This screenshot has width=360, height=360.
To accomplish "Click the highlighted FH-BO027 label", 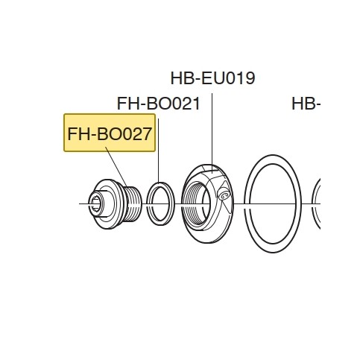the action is (x=110, y=133).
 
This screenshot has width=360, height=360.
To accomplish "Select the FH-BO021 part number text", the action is (x=158, y=104).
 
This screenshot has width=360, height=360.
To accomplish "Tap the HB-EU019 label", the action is (x=212, y=78).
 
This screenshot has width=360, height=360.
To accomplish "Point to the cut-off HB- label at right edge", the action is (x=306, y=104).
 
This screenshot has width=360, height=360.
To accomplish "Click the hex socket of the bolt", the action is (x=95, y=203).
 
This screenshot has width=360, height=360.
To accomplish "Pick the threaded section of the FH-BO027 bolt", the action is (x=133, y=204).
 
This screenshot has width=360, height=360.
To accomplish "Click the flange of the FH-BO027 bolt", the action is (x=107, y=204).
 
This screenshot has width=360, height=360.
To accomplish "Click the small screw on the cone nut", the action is (x=224, y=195).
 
